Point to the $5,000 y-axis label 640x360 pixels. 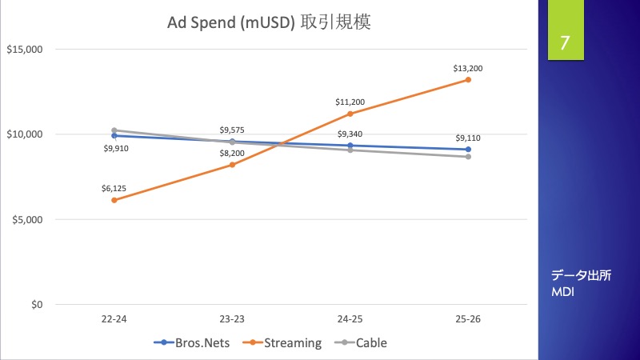(26, 219)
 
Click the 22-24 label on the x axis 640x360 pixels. (114, 319)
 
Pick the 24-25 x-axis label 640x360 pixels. (350, 319)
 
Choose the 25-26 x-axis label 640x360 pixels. (467, 319)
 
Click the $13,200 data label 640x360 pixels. (467, 68)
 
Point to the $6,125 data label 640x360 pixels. (114, 188)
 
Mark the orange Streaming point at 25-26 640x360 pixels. (468, 80)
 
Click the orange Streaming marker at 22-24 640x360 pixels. (114, 200)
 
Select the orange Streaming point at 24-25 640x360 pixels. (350, 114)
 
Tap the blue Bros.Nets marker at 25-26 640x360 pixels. (468, 150)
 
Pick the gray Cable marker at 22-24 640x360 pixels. (114, 130)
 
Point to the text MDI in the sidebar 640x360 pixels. (563, 292)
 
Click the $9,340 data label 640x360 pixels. (350, 134)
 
